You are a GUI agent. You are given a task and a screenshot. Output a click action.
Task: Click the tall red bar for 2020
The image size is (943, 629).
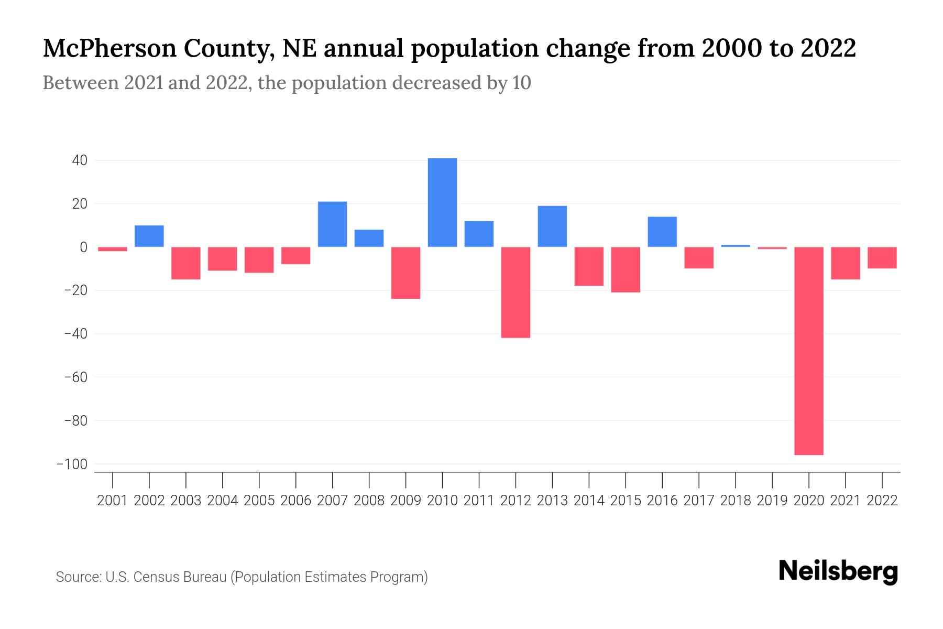pyautogui.click(x=809, y=351)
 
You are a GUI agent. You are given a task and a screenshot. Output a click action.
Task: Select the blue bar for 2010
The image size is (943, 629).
pyautogui.click(x=442, y=202)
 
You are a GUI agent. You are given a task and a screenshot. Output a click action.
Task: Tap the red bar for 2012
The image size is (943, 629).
pyautogui.click(x=516, y=292)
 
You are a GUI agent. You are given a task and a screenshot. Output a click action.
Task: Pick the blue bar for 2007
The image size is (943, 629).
pyautogui.click(x=332, y=224)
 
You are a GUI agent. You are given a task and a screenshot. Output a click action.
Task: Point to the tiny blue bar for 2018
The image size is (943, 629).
pyautogui.click(x=736, y=246)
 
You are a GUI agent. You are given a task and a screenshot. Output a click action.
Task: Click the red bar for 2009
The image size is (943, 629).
pyautogui.click(x=405, y=273)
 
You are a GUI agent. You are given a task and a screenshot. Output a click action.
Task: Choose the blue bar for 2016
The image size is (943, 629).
pyautogui.click(x=662, y=232)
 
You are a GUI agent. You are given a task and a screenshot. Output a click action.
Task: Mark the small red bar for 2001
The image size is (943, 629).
pyautogui.click(x=113, y=249)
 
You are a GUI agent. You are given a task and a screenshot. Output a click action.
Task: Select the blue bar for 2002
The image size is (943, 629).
pyautogui.click(x=149, y=236)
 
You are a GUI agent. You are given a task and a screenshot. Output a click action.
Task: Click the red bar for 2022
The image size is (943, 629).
pyautogui.click(x=882, y=258)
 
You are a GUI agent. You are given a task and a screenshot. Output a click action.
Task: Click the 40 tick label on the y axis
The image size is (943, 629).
pyautogui.click(x=79, y=160)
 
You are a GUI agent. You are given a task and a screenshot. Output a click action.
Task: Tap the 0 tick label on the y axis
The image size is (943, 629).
pyautogui.click(x=83, y=247)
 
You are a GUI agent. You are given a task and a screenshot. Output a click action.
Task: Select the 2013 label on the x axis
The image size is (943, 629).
pyautogui.click(x=552, y=501)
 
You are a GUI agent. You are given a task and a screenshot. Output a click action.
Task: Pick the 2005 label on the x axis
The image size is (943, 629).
pyautogui.click(x=259, y=501)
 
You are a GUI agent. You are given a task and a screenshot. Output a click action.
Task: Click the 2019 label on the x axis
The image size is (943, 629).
pyautogui.click(x=772, y=501)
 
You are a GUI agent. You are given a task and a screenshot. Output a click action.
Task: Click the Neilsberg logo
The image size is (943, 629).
pyautogui.click(x=838, y=572)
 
